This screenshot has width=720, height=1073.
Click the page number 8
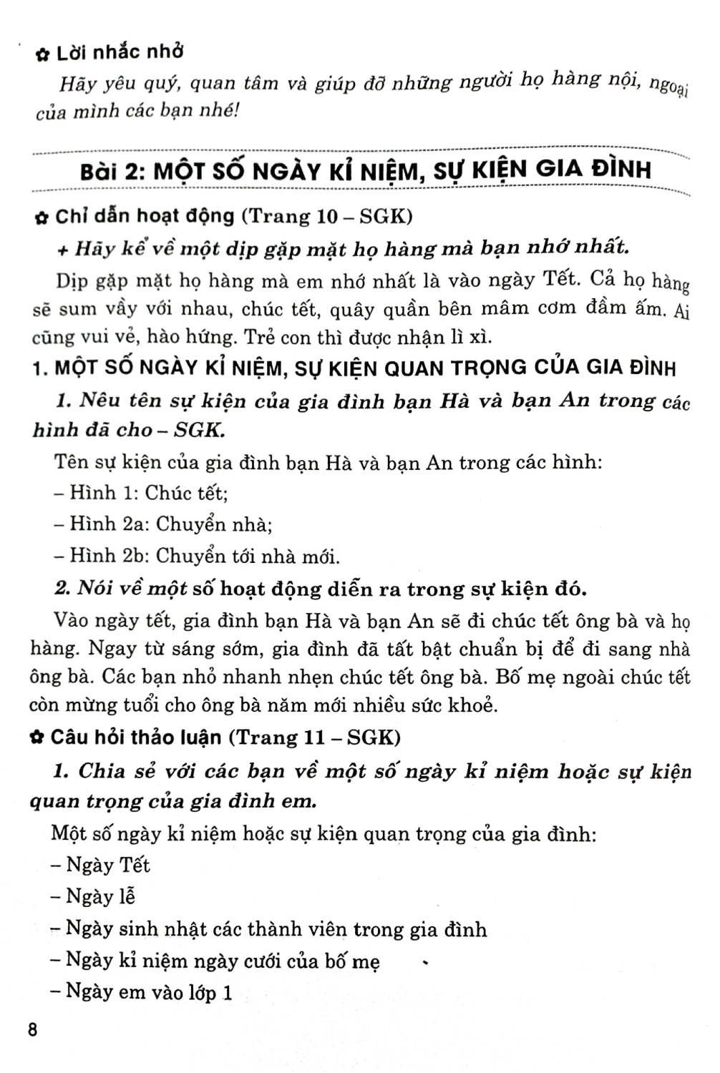tap(31, 1031)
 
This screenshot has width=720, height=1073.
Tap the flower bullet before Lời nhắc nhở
tap(42, 54)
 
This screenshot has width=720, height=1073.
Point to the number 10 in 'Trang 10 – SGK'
tap(330, 216)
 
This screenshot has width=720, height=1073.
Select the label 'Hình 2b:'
tap(110, 556)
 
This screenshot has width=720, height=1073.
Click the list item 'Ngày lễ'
tap(99, 896)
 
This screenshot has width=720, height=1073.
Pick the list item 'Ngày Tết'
tap(107, 865)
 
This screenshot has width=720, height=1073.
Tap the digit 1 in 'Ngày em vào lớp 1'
tap(228, 992)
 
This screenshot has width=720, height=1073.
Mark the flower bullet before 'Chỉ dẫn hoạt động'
tap(42, 217)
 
